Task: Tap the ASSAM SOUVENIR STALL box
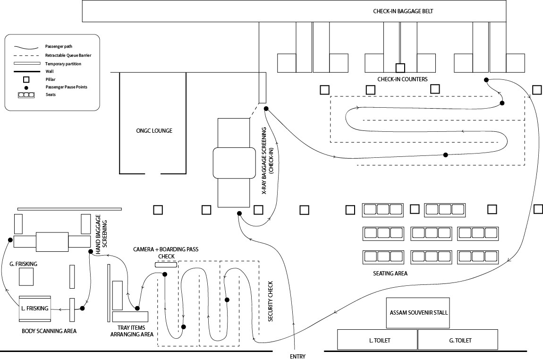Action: point(418,313)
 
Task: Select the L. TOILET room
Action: point(377,340)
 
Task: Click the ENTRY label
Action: point(297,356)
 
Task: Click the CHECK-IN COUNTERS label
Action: point(402,79)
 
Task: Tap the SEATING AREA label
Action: point(390,273)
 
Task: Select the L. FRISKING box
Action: point(34,308)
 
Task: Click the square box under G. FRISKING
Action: point(26,276)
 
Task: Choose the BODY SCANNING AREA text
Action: point(49,331)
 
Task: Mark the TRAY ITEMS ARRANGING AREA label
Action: point(132,331)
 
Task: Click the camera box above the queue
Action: point(166,265)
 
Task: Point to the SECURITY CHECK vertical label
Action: point(271,301)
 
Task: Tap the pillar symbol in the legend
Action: point(26,79)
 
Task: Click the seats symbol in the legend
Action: point(26,95)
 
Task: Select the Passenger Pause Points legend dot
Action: point(26,87)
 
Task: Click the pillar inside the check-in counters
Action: point(400,67)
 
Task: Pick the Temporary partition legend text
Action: point(63,63)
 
